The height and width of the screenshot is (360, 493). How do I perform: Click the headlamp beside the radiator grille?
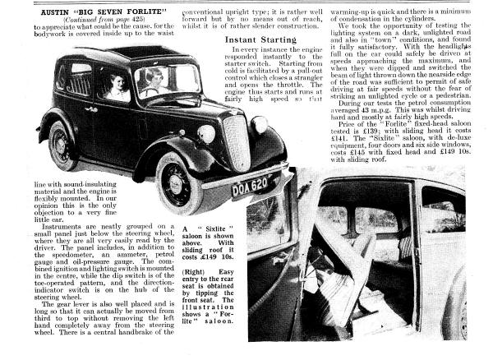pyautogui.click(x=205, y=134)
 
